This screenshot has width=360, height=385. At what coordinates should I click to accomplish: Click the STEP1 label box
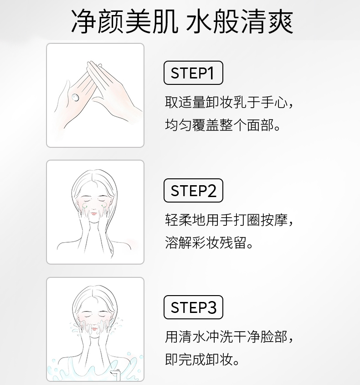[x=193, y=73]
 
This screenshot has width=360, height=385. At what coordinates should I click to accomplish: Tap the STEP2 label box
[x=193, y=191]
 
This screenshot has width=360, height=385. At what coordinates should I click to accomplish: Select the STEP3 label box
[x=193, y=307]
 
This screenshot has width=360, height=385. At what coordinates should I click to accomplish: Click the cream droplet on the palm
[x=75, y=98]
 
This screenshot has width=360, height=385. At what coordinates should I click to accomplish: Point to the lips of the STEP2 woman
[x=94, y=213]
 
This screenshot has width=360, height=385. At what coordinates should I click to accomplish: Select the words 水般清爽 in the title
[x=240, y=21]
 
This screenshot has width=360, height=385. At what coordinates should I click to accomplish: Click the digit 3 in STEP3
[x=211, y=307]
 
